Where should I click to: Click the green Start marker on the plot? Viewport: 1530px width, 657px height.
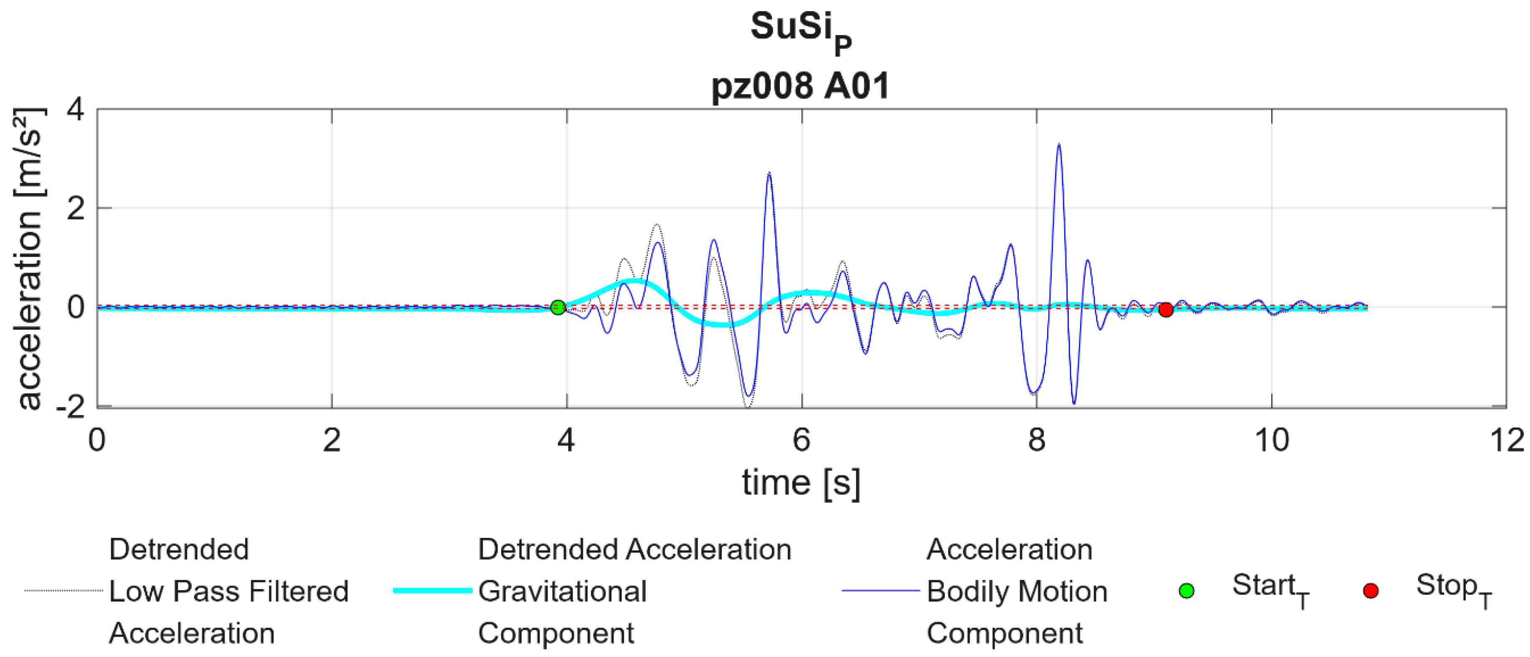coord(557,307)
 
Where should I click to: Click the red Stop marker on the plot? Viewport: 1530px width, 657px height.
coord(1165,310)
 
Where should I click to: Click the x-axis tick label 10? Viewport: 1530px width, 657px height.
coord(1271,441)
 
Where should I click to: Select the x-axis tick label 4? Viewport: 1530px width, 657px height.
coord(567,441)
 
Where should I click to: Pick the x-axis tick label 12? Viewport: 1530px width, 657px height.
coord(1506,441)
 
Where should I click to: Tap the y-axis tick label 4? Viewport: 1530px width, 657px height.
coord(76,110)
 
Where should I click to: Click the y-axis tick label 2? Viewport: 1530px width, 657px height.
coord(76,209)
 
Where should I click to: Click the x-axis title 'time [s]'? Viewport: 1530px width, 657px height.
coord(801,482)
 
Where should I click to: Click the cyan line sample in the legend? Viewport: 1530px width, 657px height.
coord(432,591)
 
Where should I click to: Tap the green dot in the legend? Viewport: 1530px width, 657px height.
coord(1186,591)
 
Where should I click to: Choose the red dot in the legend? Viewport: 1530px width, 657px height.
coord(1370,591)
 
